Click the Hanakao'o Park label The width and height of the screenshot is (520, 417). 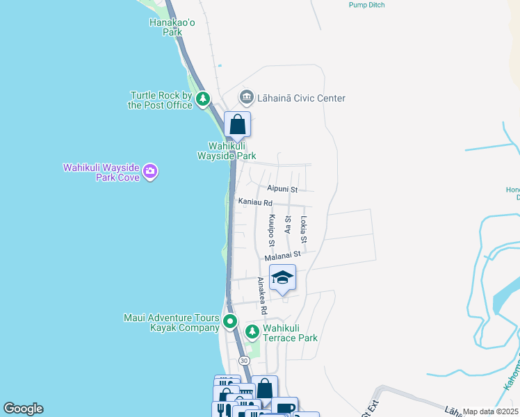(165, 27)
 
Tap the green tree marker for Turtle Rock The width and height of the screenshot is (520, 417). (203, 99)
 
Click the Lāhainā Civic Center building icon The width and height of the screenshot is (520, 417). (245, 97)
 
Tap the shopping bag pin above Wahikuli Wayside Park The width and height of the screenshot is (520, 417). (237, 125)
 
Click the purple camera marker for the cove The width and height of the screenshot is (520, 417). (150, 171)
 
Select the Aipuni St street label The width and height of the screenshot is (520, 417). (282, 189)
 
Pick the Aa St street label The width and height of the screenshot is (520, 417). (288, 224)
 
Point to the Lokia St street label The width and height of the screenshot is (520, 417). (304, 224)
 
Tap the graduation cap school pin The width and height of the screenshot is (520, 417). (282, 278)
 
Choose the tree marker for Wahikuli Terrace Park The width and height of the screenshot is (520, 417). (252, 330)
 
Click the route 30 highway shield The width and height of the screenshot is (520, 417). (243, 361)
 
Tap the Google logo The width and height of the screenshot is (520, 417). (23, 409)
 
